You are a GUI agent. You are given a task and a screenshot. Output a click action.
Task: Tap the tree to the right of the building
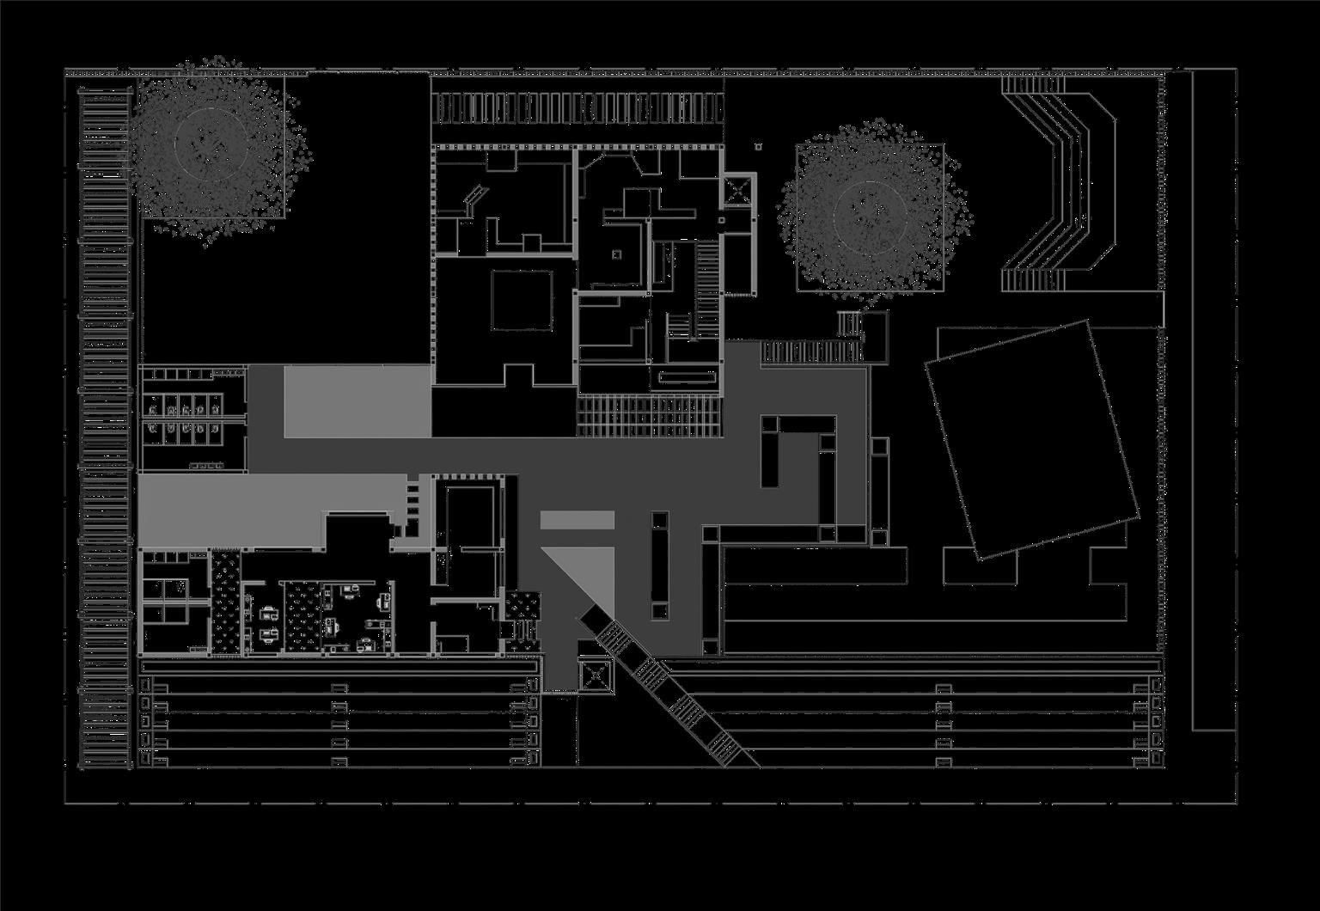coord(870,212)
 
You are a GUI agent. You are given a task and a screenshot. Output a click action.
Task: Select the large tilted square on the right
coord(1031,440)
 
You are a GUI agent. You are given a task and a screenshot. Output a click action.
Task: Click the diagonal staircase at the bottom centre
coord(667,693)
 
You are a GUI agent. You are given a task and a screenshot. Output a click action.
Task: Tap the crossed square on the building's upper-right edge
coord(737,191)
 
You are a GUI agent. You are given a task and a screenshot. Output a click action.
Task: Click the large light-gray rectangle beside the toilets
coord(357,401)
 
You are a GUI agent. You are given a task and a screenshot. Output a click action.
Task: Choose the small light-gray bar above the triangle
coord(577,520)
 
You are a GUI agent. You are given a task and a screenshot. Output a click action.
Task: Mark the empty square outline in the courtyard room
coord(522,300)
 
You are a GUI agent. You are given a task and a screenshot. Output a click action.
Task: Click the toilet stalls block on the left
coord(190,419)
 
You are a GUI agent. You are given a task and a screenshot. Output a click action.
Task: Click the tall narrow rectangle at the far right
coord(1213,400)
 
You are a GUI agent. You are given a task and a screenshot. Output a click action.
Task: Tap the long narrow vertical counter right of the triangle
coord(659,565)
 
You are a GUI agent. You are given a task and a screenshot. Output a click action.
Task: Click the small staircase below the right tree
coord(850,324)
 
